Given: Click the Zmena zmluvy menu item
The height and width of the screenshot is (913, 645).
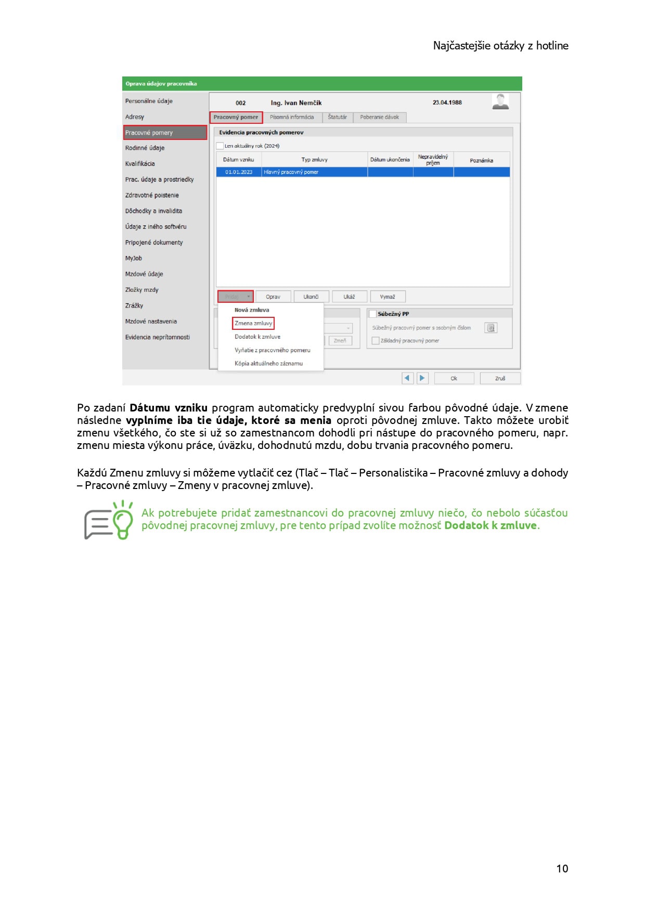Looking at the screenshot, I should point(253,323).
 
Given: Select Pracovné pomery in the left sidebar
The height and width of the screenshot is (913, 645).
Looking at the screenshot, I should point(165,133).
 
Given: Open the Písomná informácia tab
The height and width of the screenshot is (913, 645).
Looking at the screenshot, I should point(292,117).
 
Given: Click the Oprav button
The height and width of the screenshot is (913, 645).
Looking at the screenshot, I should point(273,297).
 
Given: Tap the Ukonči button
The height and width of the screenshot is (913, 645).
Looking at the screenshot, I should point(311,297).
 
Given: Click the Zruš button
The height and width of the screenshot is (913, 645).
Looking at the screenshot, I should point(500,378).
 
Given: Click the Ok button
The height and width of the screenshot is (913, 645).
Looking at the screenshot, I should point(454,378).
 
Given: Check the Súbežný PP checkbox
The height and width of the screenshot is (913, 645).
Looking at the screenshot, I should point(372,314).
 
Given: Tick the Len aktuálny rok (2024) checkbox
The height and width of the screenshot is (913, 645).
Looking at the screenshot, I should point(220,146).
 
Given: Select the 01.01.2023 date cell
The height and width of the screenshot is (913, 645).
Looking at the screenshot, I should point(239,172).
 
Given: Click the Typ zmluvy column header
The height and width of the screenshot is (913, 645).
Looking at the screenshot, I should point(314,160).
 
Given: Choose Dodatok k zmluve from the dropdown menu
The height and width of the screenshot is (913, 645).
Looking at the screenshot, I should point(257,337).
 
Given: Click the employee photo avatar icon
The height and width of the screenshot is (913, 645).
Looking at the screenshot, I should point(500,101).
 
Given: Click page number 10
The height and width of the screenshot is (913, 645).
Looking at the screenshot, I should point(562,868).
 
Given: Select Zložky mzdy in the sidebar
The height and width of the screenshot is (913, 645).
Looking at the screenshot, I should point(142,290).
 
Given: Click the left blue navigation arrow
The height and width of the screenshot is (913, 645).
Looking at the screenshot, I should point(407,378).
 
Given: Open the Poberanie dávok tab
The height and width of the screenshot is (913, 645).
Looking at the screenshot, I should point(379,117).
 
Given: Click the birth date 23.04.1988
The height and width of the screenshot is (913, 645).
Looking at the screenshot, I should point(447,102).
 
